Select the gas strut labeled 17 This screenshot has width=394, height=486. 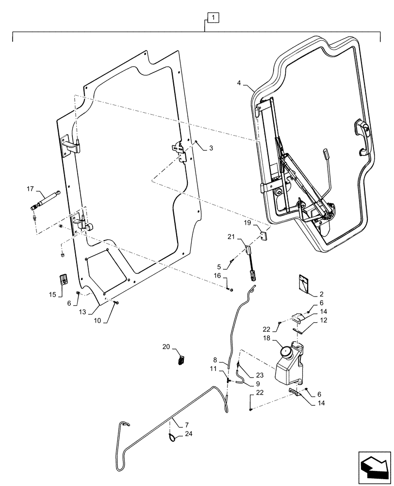pos(46,200)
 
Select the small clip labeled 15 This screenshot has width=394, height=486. pos(62,280)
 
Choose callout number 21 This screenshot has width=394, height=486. pos(231,237)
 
